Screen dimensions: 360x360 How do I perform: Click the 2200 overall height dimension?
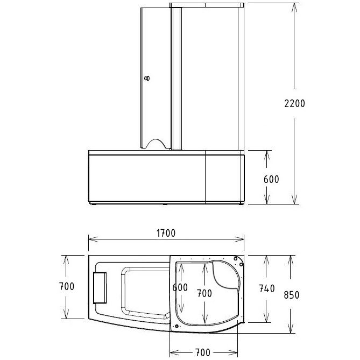294,103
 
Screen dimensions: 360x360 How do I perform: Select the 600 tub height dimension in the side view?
271,179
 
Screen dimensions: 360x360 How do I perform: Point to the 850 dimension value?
291,294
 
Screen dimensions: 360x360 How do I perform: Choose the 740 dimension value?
267,288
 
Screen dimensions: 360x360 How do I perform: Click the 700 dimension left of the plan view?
67,286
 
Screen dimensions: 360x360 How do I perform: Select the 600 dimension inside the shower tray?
180,287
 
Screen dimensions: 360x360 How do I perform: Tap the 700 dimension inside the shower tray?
204,293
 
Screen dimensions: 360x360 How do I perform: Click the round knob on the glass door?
147,79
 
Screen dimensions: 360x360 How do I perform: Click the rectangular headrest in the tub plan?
100,286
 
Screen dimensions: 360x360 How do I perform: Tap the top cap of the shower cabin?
207,5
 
